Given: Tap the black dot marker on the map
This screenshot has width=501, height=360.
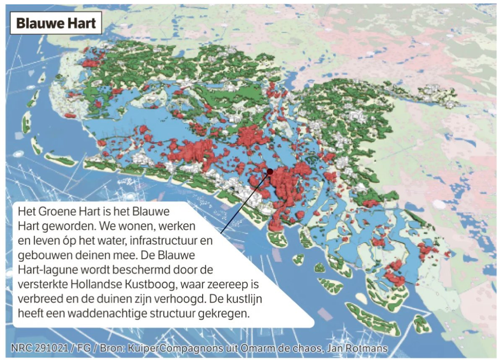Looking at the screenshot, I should click(270, 171).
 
